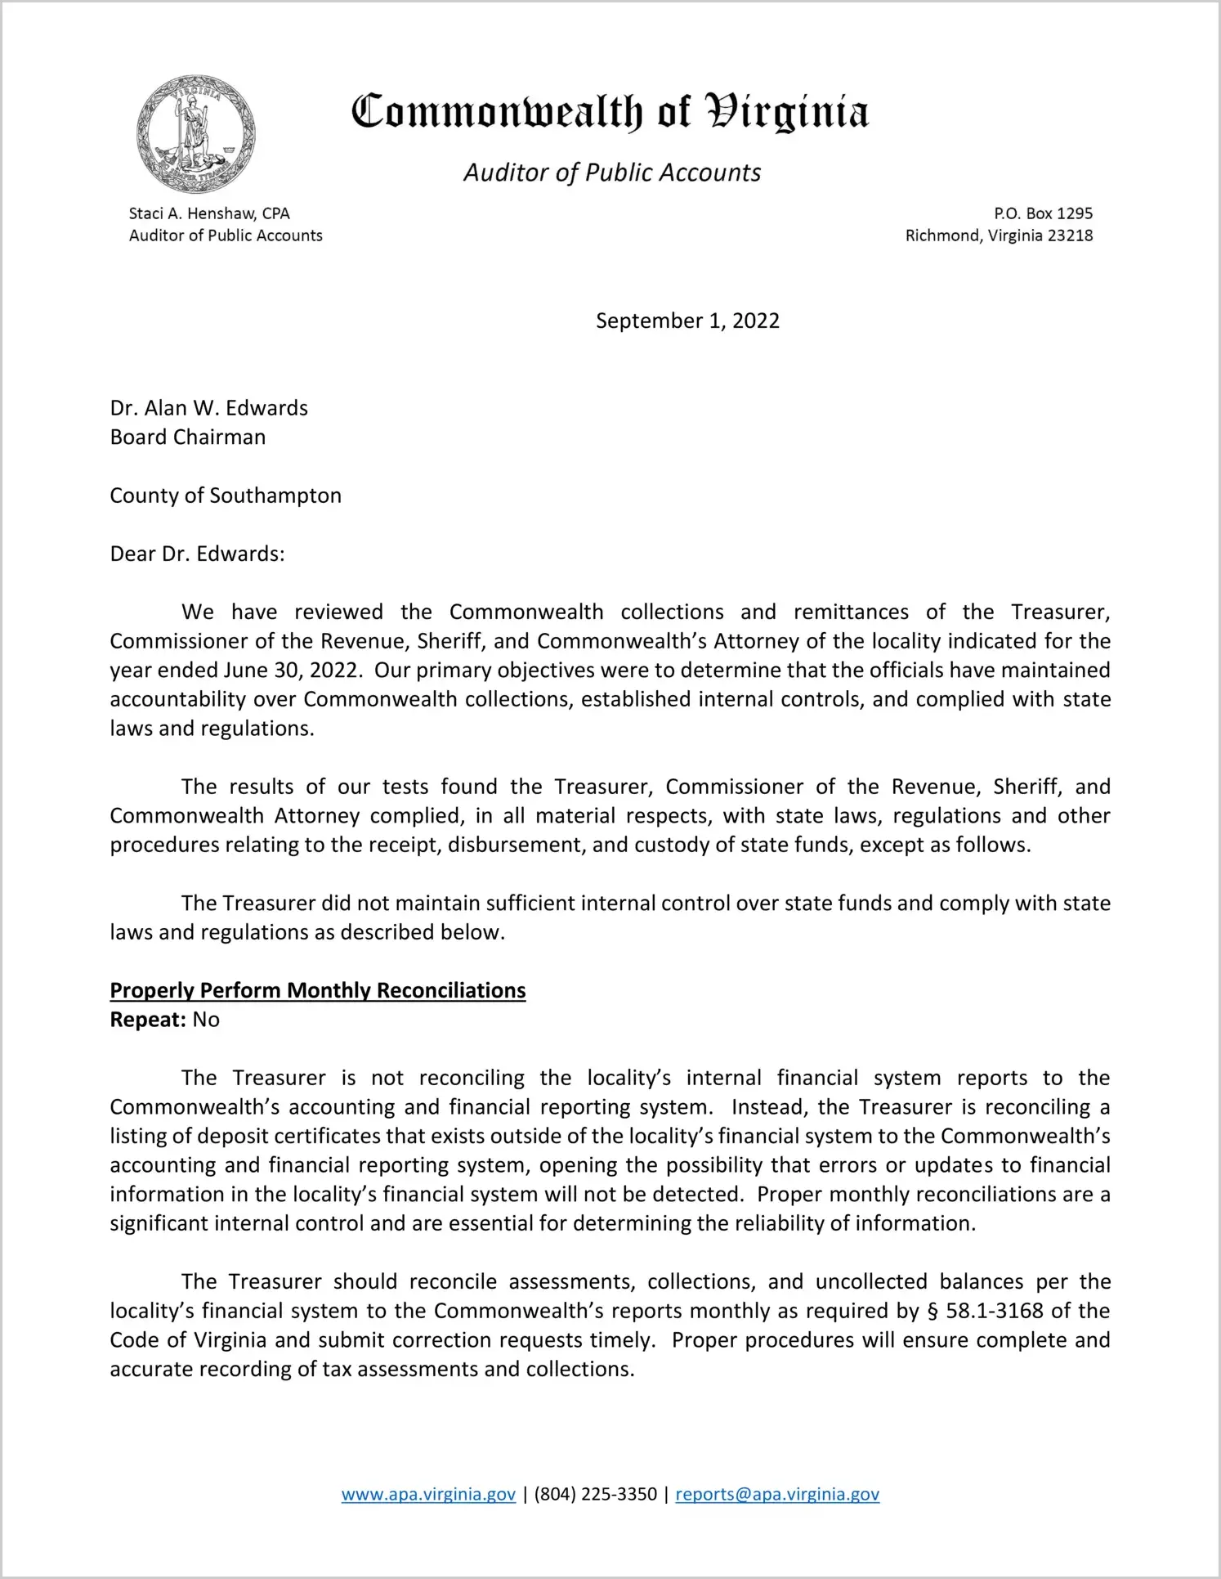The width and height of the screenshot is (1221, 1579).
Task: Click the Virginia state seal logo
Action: pyautogui.click(x=195, y=133)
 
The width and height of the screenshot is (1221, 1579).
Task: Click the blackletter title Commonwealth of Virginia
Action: pyautogui.click(x=610, y=112)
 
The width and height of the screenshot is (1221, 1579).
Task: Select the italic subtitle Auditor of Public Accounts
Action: pyautogui.click(x=612, y=173)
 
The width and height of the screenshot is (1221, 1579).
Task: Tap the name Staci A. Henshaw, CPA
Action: pyautogui.click(x=209, y=213)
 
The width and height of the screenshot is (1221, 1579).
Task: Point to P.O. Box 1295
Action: pyautogui.click(x=1043, y=213)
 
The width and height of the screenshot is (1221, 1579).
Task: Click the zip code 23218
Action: pyautogui.click(x=1070, y=236)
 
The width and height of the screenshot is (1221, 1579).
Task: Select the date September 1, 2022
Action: pyautogui.click(x=687, y=321)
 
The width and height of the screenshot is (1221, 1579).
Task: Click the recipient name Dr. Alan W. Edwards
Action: pyautogui.click(x=209, y=408)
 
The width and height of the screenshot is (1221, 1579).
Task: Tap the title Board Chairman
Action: pyautogui.click(x=188, y=437)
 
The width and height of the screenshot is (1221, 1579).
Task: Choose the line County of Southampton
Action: pyautogui.click(x=226, y=496)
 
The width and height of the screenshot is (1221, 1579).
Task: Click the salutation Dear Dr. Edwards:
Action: pyautogui.click(x=198, y=554)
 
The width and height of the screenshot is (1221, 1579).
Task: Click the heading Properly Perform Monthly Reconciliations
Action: pyautogui.click(x=318, y=990)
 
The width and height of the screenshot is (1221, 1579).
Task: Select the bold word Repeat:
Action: pyautogui.click(x=148, y=1020)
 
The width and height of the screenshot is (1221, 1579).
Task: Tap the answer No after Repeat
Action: pyautogui.click(x=206, y=1020)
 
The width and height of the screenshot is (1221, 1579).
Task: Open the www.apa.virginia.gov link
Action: pyautogui.click(x=428, y=1494)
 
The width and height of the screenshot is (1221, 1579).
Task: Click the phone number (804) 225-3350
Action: pyautogui.click(x=595, y=1494)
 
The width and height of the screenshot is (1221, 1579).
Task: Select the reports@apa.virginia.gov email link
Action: pyautogui.click(x=777, y=1494)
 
